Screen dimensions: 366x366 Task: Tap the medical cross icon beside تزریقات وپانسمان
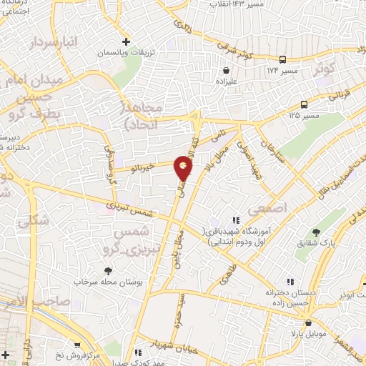click(127, 41)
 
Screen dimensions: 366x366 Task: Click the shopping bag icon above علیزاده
click(227, 71)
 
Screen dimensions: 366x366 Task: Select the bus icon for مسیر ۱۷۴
click(284, 60)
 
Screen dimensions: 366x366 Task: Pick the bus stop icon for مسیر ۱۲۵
click(305, 104)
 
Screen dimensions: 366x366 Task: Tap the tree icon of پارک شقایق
click(316, 232)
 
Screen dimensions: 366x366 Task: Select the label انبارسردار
click(52, 44)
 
